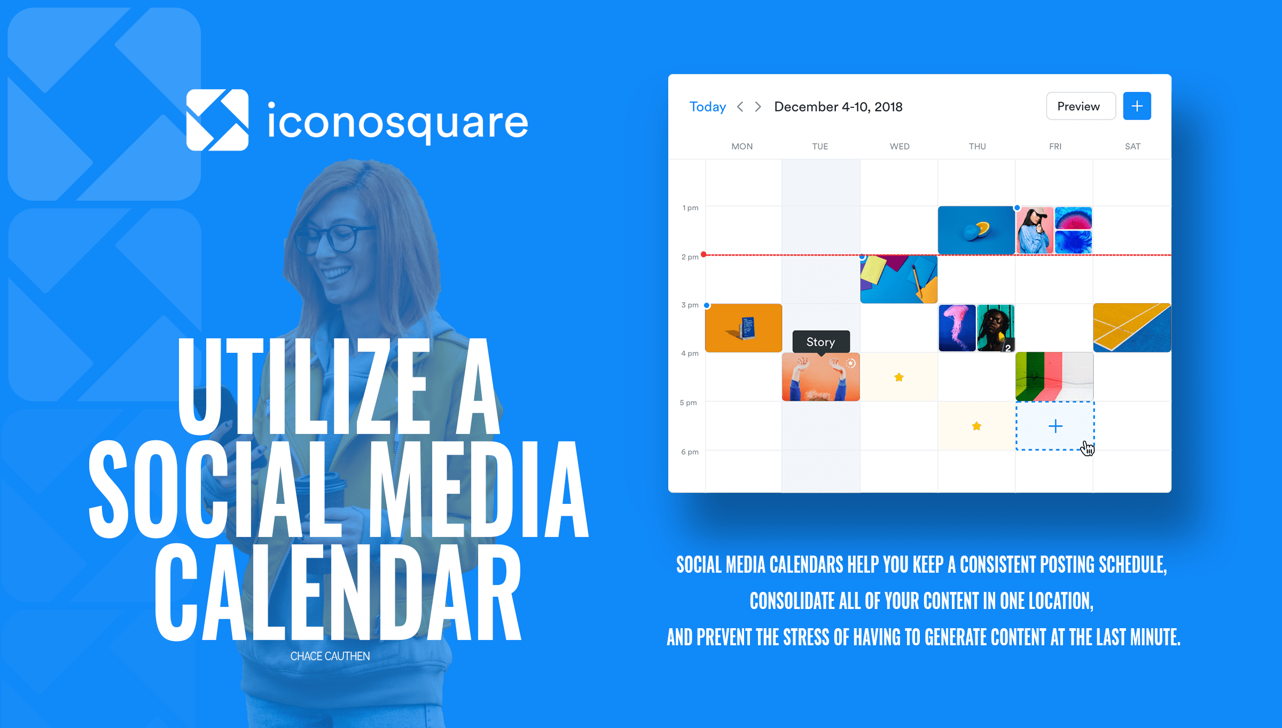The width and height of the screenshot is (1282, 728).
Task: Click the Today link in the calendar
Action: pyautogui.click(x=708, y=107)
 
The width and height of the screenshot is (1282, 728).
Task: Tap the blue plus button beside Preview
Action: pyautogui.click(x=1137, y=106)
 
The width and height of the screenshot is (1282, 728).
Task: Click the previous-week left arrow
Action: pyautogui.click(x=740, y=107)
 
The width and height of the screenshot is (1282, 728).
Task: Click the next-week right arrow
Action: pyautogui.click(x=758, y=107)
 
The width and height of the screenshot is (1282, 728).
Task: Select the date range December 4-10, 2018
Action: pyautogui.click(x=838, y=107)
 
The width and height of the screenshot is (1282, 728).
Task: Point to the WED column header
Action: pyautogui.click(x=900, y=146)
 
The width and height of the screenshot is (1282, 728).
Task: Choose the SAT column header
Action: pyautogui.click(x=1132, y=146)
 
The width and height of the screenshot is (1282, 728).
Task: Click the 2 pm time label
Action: pyautogui.click(x=690, y=257)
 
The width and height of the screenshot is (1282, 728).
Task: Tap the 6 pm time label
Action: pyautogui.click(x=690, y=452)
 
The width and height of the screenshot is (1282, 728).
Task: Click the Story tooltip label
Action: pyautogui.click(x=820, y=342)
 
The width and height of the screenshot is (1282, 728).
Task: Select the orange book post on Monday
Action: pyautogui.click(x=744, y=328)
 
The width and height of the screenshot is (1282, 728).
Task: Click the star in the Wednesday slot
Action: pyautogui.click(x=899, y=377)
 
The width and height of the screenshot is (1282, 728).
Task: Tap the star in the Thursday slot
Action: pyautogui.click(x=976, y=426)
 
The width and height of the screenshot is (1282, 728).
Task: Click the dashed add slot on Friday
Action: pyautogui.click(x=1055, y=426)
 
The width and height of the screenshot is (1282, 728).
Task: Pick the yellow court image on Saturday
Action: pyautogui.click(x=1132, y=328)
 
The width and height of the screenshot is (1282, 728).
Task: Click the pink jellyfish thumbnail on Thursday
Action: pyautogui.click(x=957, y=328)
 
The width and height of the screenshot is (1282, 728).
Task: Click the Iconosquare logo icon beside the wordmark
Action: pyautogui.click(x=217, y=120)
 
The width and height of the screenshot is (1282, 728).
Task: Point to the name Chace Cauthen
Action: pyautogui.click(x=330, y=656)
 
